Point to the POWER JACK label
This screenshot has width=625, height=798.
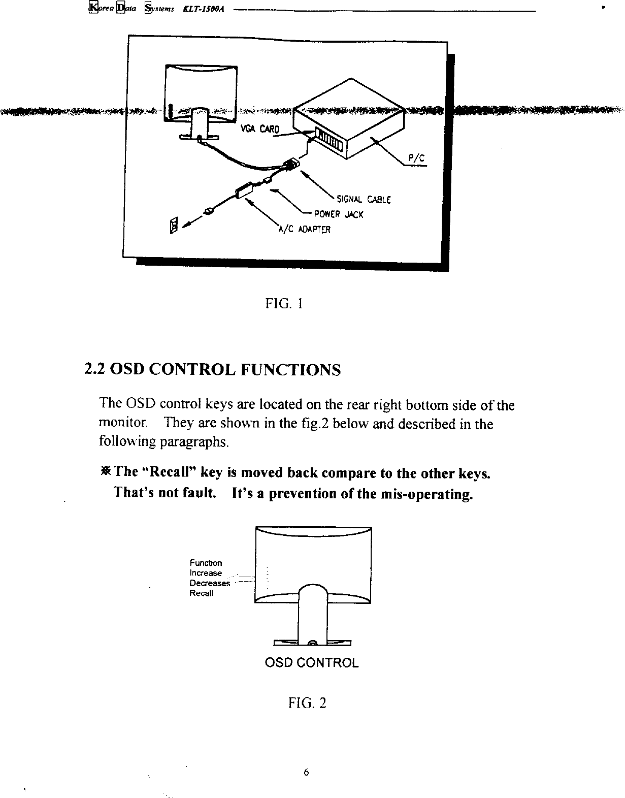pyautogui.click(x=339, y=214)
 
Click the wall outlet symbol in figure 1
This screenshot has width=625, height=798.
pyautogui.click(x=174, y=224)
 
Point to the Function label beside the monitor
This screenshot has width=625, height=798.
pyautogui.click(x=206, y=563)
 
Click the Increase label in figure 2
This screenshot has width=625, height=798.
pyautogui.click(x=206, y=573)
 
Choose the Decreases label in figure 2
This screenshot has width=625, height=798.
pyautogui.click(x=210, y=583)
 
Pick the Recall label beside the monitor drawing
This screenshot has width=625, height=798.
pyautogui.click(x=202, y=593)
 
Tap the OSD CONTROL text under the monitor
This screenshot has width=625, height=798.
pyautogui.click(x=312, y=663)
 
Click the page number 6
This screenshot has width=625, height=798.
pyautogui.click(x=306, y=773)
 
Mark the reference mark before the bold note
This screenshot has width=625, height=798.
pyautogui.click(x=106, y=472)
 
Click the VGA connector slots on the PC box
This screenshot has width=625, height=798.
pyautogui.click(x=329, y=137)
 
